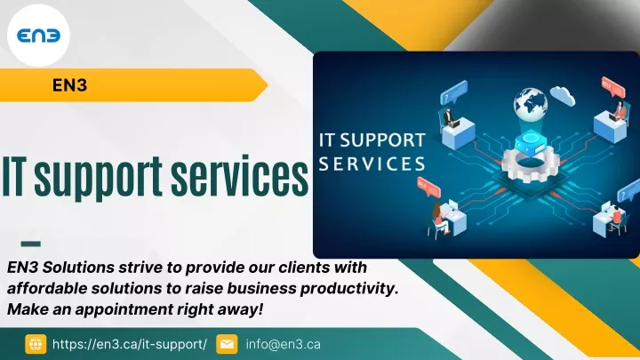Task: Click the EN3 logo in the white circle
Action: click(38, 36)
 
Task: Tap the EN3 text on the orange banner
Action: click(70, 85)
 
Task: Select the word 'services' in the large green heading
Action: click(240, 176)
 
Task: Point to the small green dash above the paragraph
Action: click(30, 244)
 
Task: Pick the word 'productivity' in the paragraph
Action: click(349, 289)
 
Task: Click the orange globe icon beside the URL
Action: click(36, 344)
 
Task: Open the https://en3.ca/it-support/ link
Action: click(130, 344)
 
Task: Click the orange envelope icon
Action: click(227, 344)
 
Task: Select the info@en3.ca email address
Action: click(284, 344)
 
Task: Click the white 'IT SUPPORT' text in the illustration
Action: click(372, 140)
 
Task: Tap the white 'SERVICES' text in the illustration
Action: click(372, 164)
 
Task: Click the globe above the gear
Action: click(530, 104)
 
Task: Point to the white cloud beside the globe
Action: click(563, 95)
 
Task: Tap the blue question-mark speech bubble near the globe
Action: click(453, 92)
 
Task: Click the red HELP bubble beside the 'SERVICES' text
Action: click(428, 187)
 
